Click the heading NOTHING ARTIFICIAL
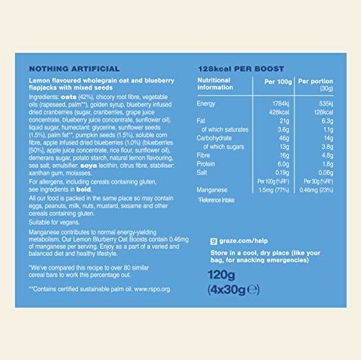64,67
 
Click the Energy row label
206,105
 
